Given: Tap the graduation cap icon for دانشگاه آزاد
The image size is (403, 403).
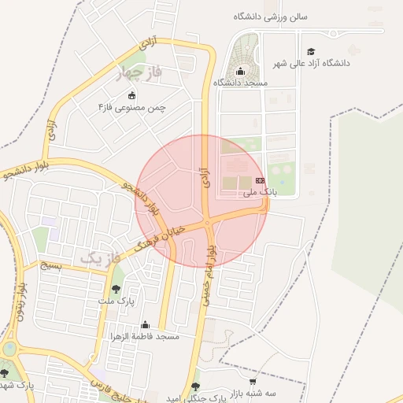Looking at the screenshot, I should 311,51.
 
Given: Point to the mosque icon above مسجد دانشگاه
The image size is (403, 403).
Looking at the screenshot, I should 240,72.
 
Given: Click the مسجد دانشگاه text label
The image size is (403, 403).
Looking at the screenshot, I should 240,82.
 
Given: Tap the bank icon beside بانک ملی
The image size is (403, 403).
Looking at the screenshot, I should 261,181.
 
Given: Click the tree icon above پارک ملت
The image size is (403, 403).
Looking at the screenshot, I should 116,290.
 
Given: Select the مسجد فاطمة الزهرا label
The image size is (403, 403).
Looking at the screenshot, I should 146,336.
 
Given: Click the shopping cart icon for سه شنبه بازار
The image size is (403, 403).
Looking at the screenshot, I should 273,381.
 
